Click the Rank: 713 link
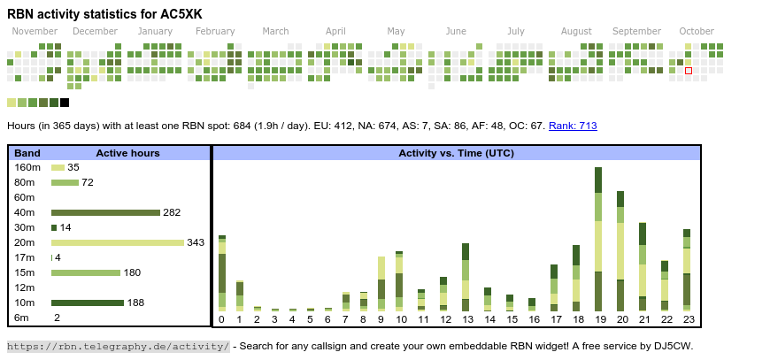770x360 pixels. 573,126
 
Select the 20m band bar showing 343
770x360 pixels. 118,242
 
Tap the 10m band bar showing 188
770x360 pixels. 88,303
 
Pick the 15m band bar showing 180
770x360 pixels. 86,272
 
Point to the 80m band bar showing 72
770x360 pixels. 65,182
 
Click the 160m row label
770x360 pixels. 27,167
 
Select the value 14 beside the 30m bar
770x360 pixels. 65,227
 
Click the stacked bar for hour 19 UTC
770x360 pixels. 598,239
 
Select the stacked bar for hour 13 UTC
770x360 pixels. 466,276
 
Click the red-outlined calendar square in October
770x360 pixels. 689,70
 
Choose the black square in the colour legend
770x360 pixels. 65,103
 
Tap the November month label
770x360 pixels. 35,31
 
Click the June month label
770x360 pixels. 456,31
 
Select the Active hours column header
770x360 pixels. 127,153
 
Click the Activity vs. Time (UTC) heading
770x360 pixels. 456,153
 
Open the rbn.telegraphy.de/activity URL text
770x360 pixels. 119,346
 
